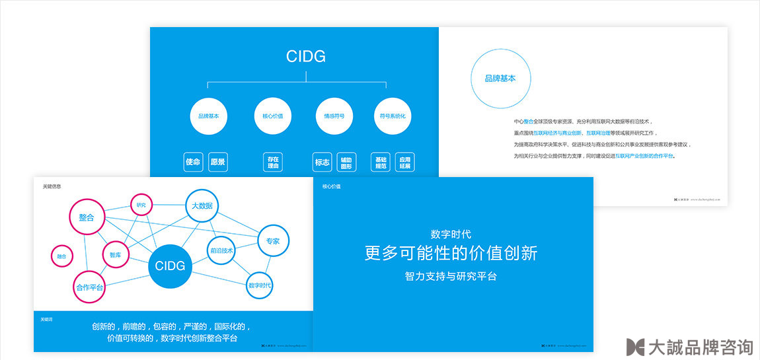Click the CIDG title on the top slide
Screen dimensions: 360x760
tap(306, 56)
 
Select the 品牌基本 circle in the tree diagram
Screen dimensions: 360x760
tap(208, 116)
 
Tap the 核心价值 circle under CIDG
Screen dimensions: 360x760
tap(268, 116)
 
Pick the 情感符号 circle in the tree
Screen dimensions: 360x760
tap(334, 116)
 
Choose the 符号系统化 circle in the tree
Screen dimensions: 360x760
tap(393, 116)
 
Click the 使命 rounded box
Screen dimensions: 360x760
tap(193, 162)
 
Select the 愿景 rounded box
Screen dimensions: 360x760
tap(217, 162)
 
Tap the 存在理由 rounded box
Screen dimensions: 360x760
tap(273, 162)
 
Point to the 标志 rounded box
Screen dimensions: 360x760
tap(323, 162)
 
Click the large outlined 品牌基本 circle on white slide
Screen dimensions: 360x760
tap(500, 79)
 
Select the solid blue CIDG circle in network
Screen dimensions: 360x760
tap(170, 266)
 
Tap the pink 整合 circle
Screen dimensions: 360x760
tap(87, 217)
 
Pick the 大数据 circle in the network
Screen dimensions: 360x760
tap(202, 206)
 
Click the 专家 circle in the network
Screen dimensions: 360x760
tap(272, 241)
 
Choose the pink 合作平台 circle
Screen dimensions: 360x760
tap(89, 287)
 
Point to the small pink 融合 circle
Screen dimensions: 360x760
tap(61, 256)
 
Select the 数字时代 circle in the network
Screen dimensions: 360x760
tap(260, 285)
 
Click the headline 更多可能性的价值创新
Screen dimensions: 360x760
tap(451, 252)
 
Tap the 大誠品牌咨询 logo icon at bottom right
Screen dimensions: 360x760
tap(635, 347)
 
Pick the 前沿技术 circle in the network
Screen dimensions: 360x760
tap(221, 251)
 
